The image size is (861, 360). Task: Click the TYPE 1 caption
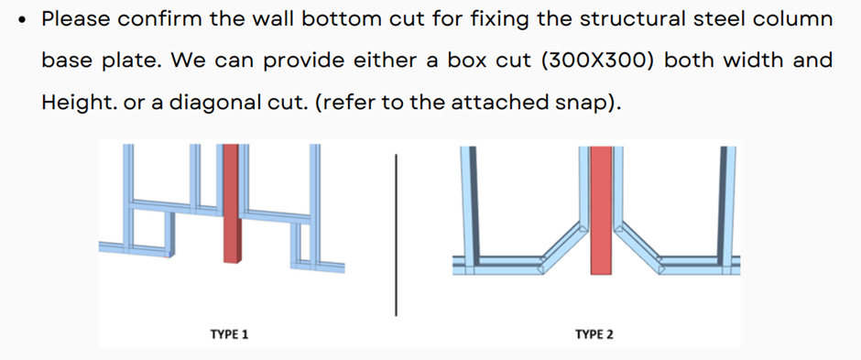229,333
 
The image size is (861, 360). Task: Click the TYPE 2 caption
594,333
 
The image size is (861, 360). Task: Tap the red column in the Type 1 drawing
231,203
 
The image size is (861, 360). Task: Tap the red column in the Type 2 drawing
601,210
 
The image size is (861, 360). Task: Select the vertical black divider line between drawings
396,235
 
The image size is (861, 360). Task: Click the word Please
76,20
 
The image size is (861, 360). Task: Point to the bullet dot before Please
22,20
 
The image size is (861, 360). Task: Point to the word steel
714,20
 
